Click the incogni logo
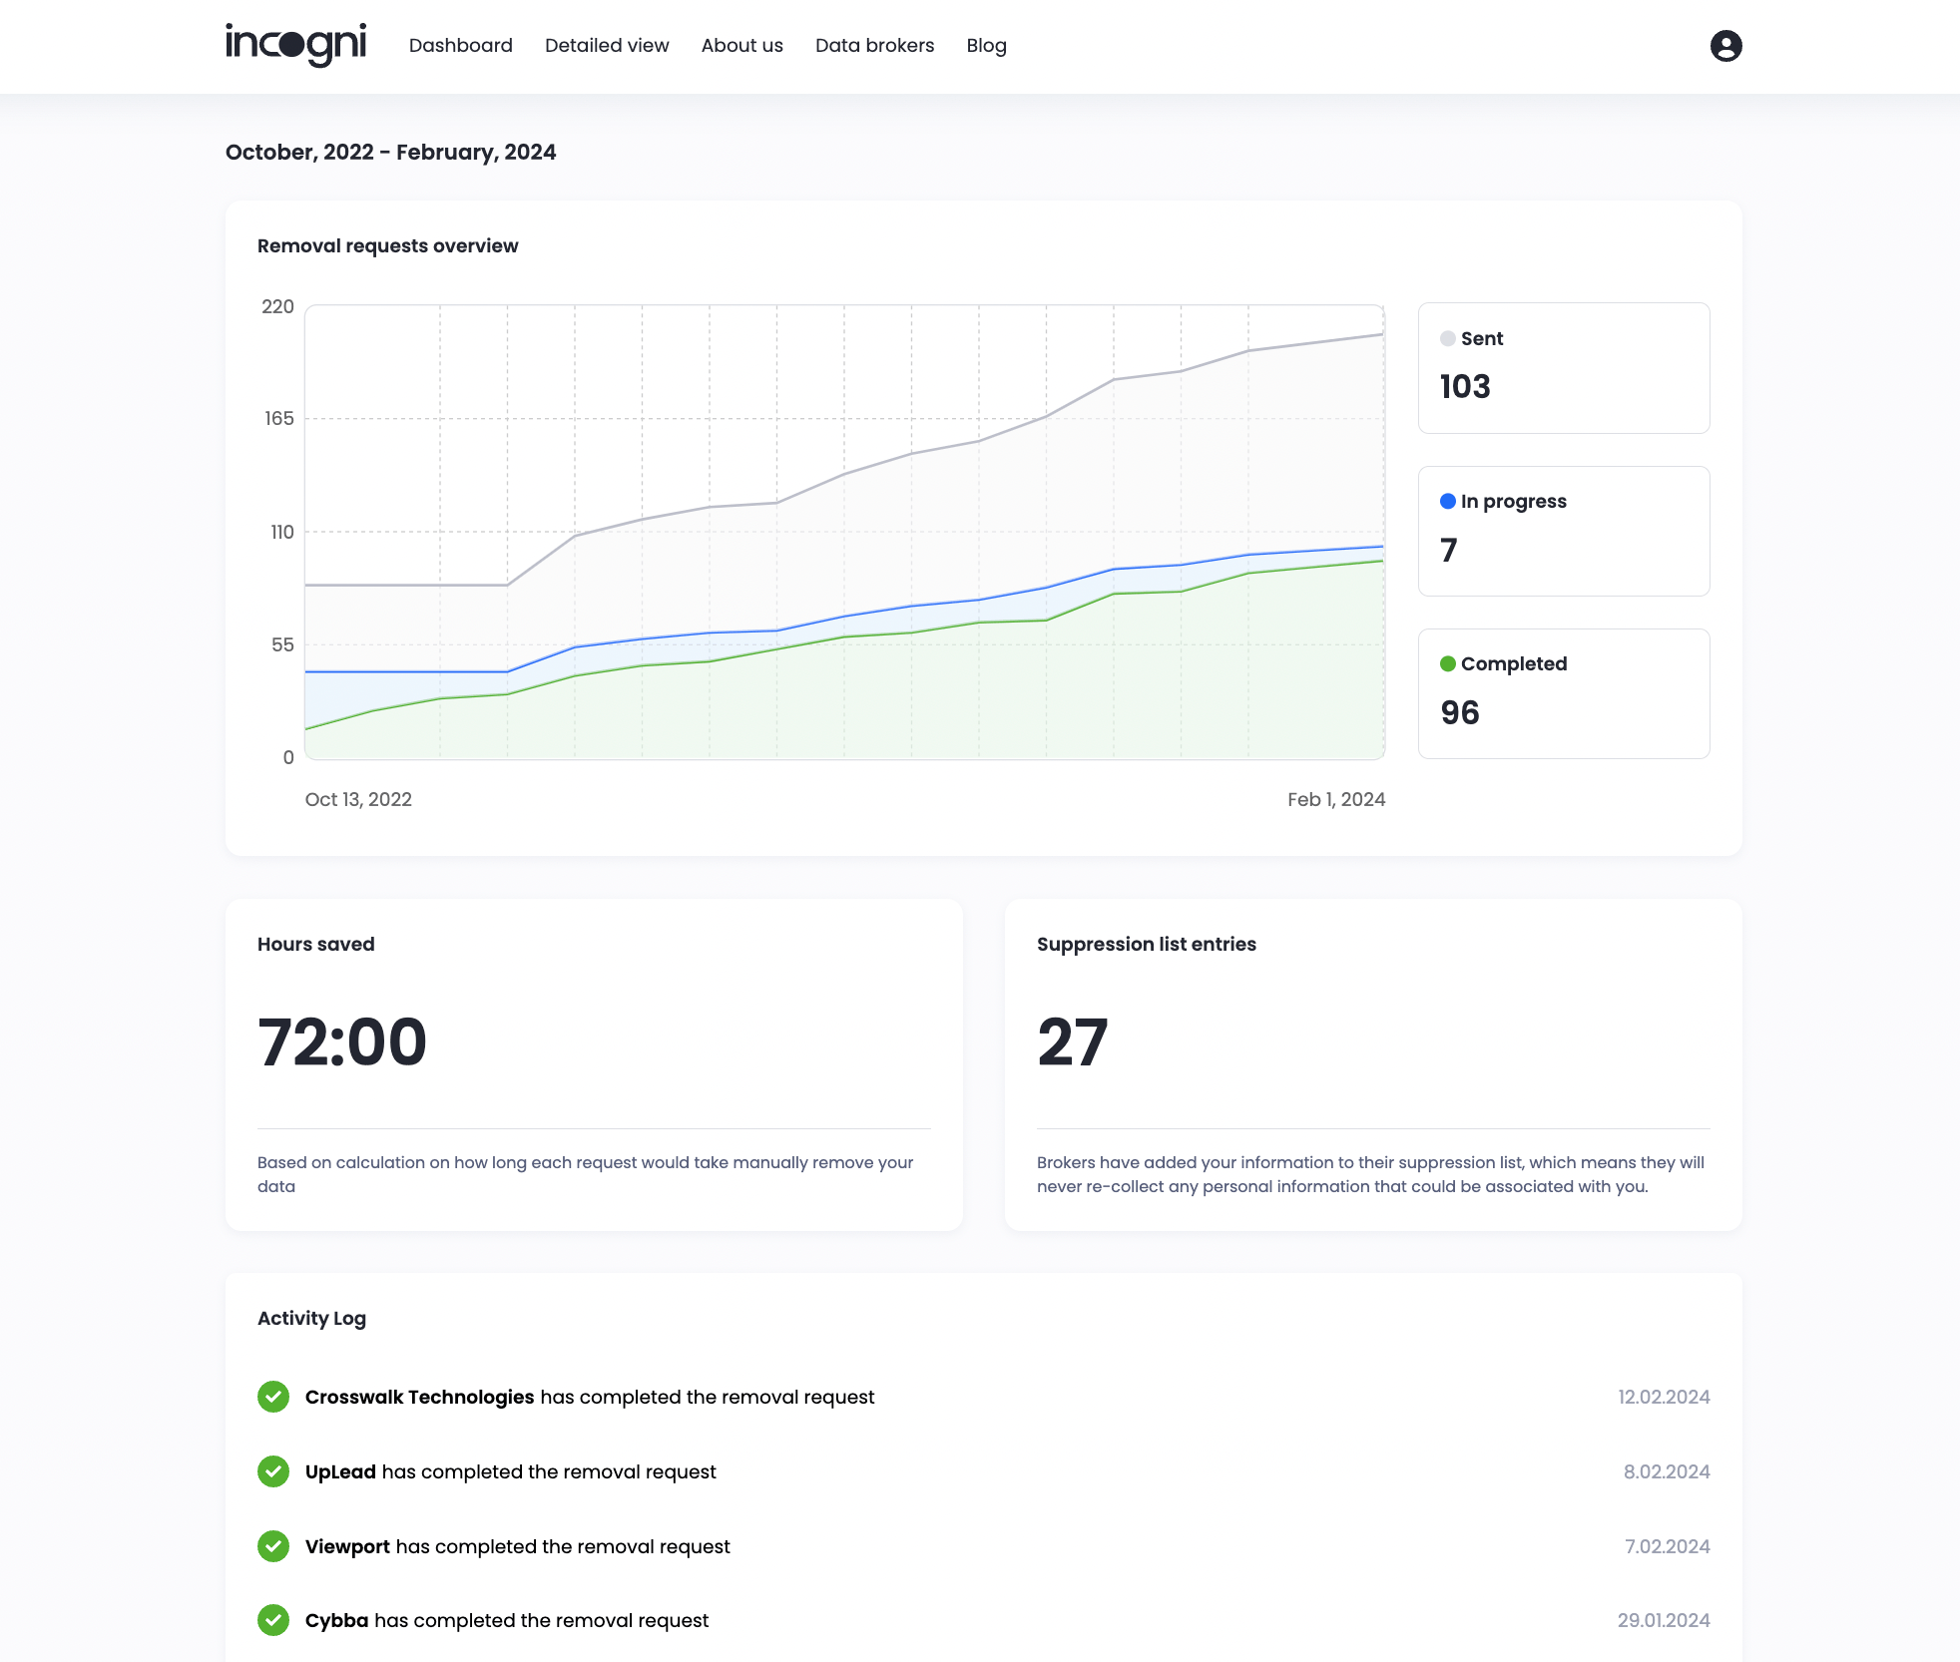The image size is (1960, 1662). click(x=296, y=45)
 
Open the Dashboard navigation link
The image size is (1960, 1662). click(x=461, y=46)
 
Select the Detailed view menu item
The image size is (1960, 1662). click(x=607, y=46)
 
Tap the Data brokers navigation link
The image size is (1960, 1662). click(x=875, y=46)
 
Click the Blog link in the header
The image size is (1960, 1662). click(x=987, y=46)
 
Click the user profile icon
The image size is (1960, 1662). click(x=1726, y=46)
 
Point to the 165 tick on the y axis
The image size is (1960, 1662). click(x=279, y=419)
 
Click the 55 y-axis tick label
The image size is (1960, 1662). click(x=282, y=645)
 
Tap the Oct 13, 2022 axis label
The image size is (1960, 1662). click(x=358, y=800)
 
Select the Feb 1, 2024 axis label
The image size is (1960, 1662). click(x=1336, y=800)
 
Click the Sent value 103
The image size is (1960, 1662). click(x=1465, y=387)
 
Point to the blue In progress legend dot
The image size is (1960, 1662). click(x=1448, y=502)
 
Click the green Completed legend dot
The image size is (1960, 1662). click(x=1448, y=664)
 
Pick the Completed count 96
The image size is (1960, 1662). click(x=1460, y=713)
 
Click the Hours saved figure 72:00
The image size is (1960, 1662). click(x=342, y=1042)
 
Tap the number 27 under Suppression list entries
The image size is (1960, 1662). click(x=1073, y=1042)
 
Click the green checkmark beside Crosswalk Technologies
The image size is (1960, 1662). click(x=273, y=1398)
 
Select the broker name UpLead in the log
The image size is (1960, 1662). click(x=340, y=1472)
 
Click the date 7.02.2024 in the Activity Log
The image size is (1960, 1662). click(x=1668, y=1547)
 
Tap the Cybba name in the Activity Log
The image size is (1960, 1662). click(x=337, y=1621)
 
